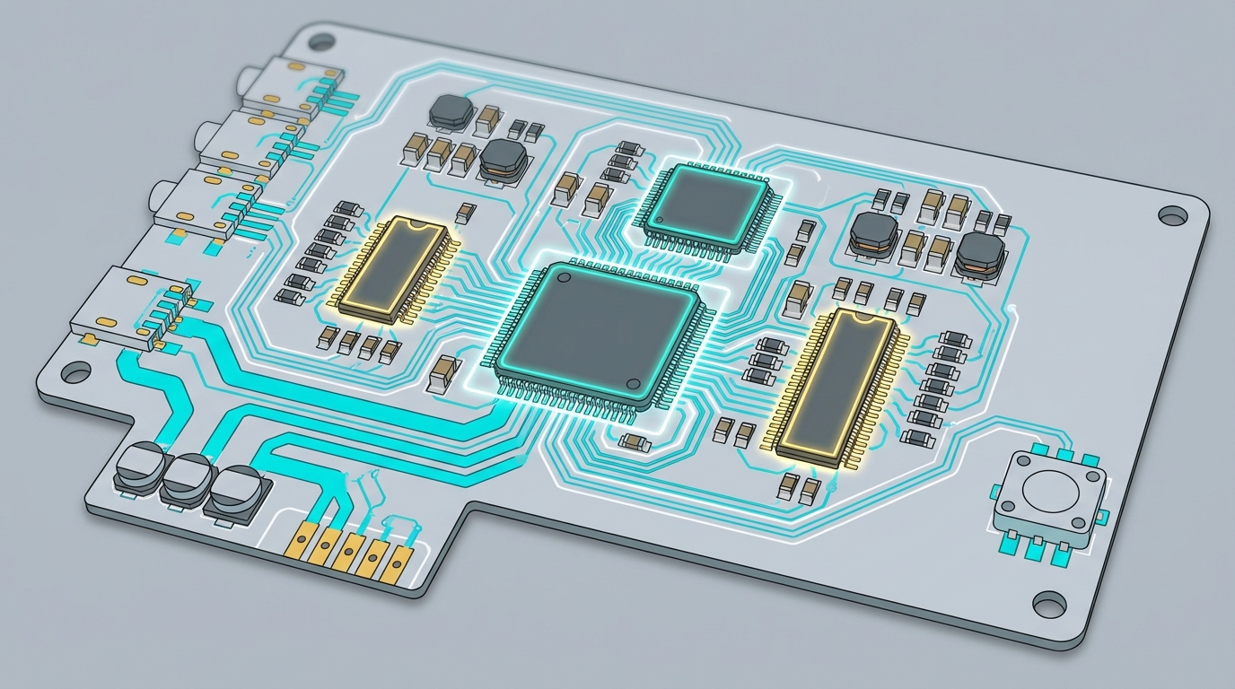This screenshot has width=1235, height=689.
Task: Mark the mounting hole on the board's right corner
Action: (1171, 215)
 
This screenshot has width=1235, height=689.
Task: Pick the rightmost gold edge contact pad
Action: (395, 562)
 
